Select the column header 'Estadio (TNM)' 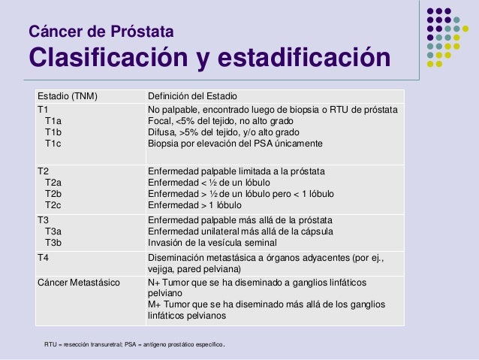tap(68, 97)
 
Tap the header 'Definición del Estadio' tap(192, 97)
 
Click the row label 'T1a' tap(54, 120)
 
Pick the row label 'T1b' tap(54, 132)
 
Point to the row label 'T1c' tap(54, 143)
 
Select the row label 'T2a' tap(54, 183)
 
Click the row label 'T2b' tap(54, 194)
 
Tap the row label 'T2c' tap(54, 204)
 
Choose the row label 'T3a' tap(54, 231)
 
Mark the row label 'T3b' tap(54, 243)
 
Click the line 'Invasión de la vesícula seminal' tap(212, 243)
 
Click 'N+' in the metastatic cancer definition tap(155, 283)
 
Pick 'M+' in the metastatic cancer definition tap(155, 304)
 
